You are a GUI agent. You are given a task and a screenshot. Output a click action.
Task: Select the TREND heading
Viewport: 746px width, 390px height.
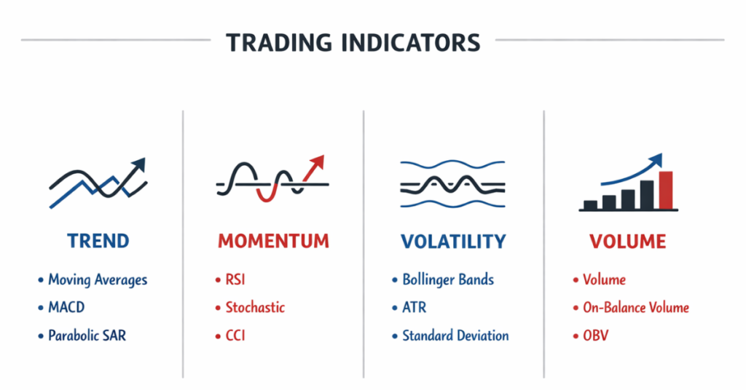point(98,241)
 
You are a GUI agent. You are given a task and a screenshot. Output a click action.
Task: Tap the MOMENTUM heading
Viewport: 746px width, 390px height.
point(273,241)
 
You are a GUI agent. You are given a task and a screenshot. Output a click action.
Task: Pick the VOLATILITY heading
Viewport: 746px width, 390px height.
point(452,241)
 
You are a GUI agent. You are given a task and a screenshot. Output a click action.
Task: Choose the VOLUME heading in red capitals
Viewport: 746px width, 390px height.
point(627,241)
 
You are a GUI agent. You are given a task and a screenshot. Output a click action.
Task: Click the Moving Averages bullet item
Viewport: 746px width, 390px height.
point(97,279)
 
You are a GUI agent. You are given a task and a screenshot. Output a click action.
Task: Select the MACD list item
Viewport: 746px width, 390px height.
point(66,307)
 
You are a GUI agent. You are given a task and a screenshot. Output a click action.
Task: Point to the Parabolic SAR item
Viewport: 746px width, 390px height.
point(87,335)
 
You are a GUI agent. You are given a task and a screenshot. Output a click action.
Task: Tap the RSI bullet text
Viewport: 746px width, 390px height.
point(236,279)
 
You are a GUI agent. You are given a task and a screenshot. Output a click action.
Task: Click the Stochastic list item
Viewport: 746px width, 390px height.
point(255,307)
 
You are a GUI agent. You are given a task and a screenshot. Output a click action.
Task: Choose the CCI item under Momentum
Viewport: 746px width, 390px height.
point(235,335)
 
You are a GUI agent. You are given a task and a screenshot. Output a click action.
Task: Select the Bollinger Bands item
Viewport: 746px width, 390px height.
point(448,279)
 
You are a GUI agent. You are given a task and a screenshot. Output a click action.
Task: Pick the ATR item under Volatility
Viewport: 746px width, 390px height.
point(414,307)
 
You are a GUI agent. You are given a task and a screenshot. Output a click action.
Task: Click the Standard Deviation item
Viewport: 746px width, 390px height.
point(455,335)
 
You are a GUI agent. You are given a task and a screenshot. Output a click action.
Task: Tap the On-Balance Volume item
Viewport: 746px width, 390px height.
point(636,307)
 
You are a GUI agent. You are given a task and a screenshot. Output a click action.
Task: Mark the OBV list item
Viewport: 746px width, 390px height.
point(595,335)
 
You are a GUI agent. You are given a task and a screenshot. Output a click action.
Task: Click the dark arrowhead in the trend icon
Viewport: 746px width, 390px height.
point(138,164)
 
